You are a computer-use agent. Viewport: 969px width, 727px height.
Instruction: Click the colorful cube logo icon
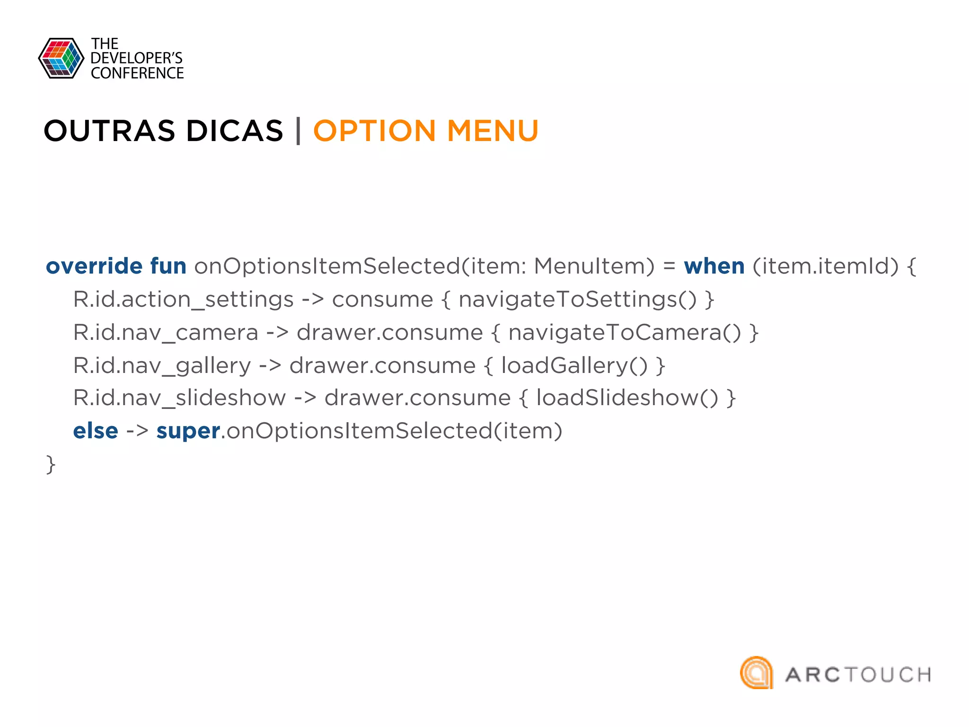tap(61, 58)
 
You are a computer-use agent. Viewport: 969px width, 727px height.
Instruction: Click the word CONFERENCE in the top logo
tap(137, 73)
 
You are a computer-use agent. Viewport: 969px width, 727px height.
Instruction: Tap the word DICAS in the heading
tap(235, 131)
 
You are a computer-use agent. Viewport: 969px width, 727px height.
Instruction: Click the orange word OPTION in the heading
tap(374, 131)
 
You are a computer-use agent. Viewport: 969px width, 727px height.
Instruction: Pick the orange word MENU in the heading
tap(493, 131)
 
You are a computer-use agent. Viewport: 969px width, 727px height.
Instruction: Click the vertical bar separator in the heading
tap(298, 131)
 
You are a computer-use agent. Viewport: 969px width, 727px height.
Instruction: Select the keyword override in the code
tap(94, 266)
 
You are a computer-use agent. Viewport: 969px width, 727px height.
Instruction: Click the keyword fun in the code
tap(168, 266)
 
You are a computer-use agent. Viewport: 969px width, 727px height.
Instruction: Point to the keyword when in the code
tap(714, 266)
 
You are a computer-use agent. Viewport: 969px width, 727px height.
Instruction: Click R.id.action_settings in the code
tap(184, 299)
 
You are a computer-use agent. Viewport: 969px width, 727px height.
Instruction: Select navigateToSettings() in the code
tap(578, 299)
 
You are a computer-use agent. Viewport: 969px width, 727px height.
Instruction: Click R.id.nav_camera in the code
tap(166, 332)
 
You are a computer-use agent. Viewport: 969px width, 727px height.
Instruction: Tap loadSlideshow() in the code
tap(627, 398)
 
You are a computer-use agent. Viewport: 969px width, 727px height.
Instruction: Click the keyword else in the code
tap(96, 431)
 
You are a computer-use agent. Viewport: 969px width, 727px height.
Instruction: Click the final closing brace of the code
tap(51, 464)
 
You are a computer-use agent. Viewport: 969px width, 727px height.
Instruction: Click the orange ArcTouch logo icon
tap(756, 673)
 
